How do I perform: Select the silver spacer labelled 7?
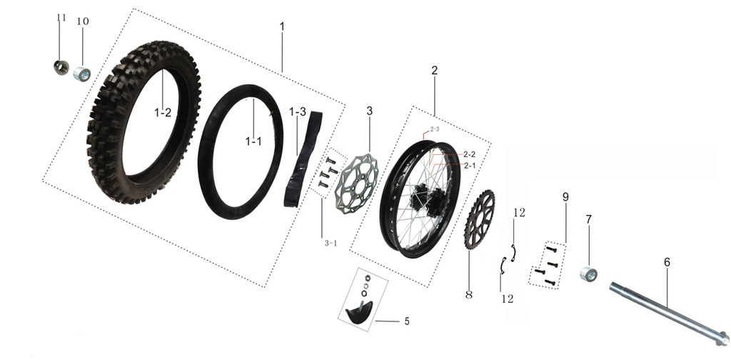[x=588, y=274]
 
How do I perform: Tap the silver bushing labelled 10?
[x=81, y=74]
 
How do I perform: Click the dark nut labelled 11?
[x=61, y=67]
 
